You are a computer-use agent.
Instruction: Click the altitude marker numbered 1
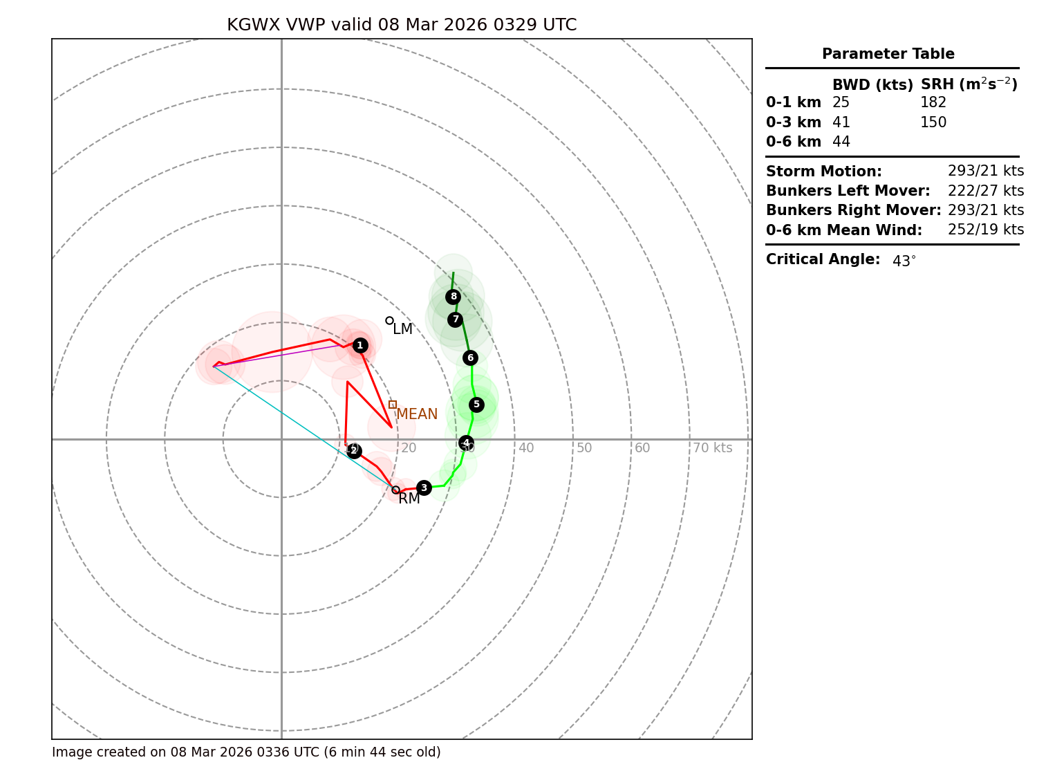click(359, 345)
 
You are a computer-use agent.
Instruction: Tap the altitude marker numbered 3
click(424, 488)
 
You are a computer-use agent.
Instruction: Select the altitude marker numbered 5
click(476, 405)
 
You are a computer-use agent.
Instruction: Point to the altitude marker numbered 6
click(470, 358)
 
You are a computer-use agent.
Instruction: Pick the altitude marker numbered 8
click(453, 297)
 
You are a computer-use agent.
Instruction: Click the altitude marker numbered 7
click(455, 319)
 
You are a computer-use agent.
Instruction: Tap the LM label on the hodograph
click(402, 330)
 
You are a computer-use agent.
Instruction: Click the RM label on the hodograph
click(409, 499)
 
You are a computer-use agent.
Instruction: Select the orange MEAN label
click(417, 414)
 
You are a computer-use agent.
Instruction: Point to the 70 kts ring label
click(713, 448)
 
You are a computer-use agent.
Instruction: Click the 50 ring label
click(584, 448)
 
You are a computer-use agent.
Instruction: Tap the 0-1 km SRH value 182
click(933, 103)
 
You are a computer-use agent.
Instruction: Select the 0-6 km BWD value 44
click(841, 142)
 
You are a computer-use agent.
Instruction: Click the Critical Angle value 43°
click(904, 261)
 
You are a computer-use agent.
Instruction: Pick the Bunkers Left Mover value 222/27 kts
click(986, 191)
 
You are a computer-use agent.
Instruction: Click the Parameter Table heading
click(888, 54)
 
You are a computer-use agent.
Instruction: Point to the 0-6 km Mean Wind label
click(844, 230)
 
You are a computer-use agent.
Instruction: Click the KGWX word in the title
click(253, 26)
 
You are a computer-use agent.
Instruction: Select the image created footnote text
click(246, 752)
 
